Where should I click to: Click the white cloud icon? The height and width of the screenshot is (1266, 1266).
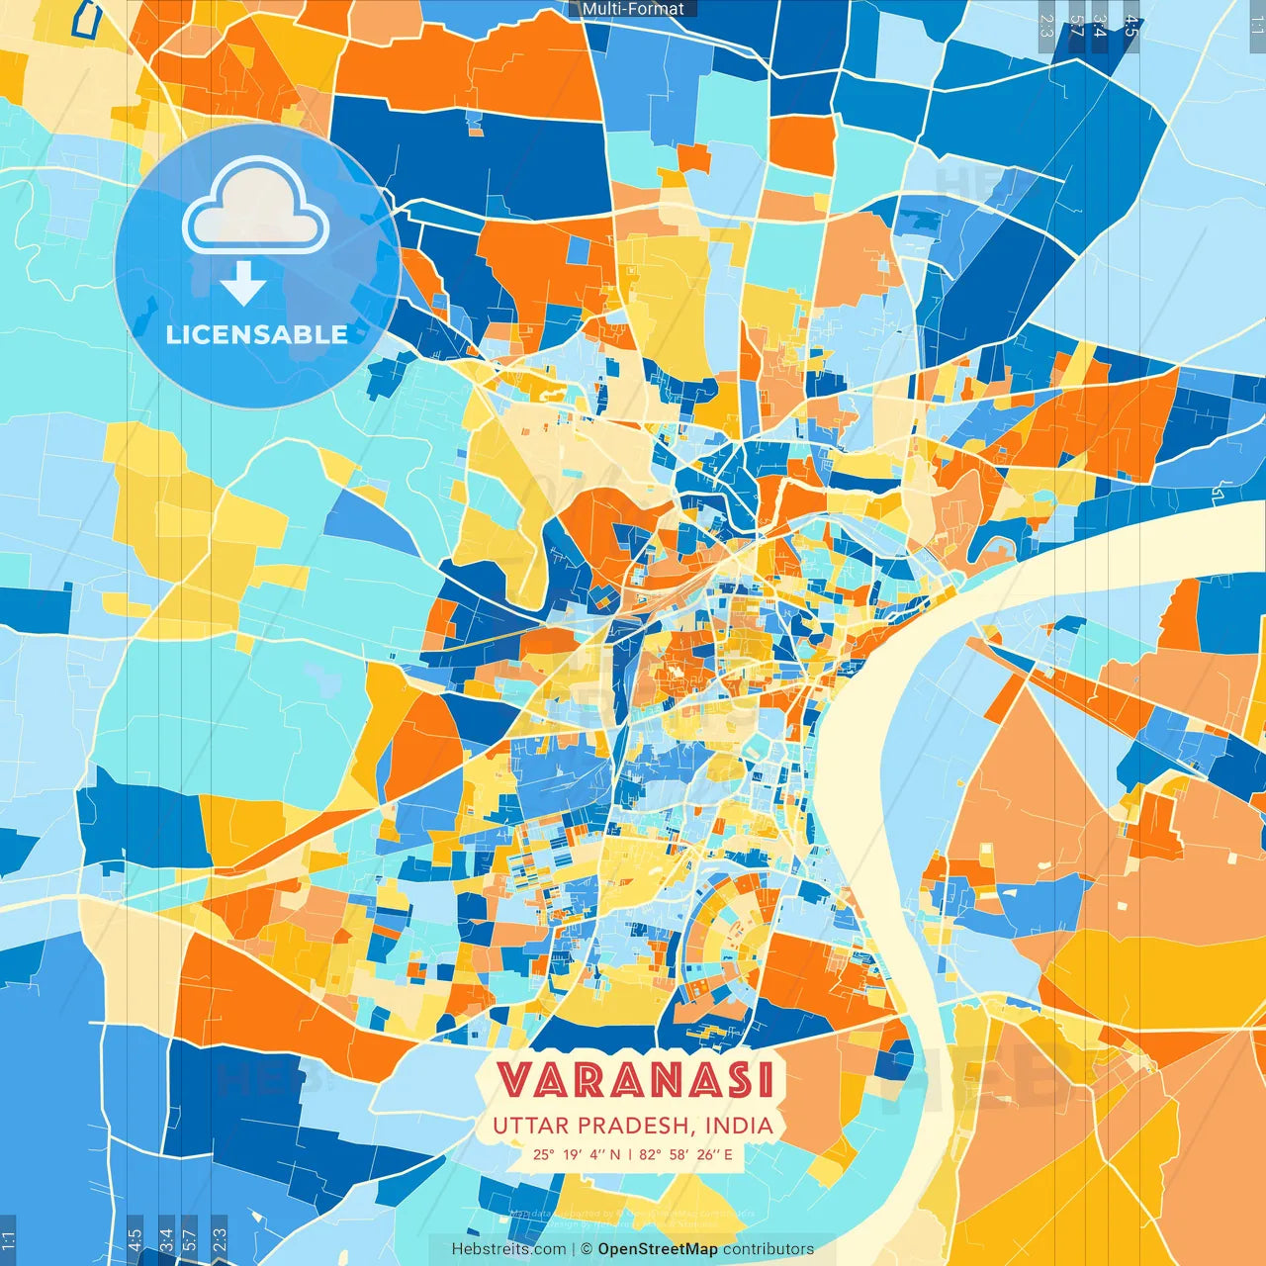coord(255,211)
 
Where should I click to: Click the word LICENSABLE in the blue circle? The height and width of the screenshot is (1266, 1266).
coord(256,334)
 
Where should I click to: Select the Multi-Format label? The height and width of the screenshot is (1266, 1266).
coord(633,9)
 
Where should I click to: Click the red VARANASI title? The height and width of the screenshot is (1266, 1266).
coord(634,1080)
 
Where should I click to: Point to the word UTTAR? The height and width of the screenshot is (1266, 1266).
coord(531,1126)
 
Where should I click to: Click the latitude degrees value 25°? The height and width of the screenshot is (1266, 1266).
coord(543,1154)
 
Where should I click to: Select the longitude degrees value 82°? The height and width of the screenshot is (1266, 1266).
coord(649,1154)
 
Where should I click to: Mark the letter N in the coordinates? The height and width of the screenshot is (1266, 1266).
coord(614,1154)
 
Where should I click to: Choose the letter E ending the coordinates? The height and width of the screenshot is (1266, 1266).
coord(728,1154)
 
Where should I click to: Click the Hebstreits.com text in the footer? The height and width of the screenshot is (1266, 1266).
coord(508,1249)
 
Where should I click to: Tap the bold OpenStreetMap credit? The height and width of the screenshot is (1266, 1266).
coord(658,1249)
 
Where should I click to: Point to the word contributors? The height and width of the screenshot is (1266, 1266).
coord(769,1249)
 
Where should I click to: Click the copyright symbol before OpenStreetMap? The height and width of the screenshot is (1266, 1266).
coord(586,1249)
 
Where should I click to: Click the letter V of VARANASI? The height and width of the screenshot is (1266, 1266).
coord(513,1080)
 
